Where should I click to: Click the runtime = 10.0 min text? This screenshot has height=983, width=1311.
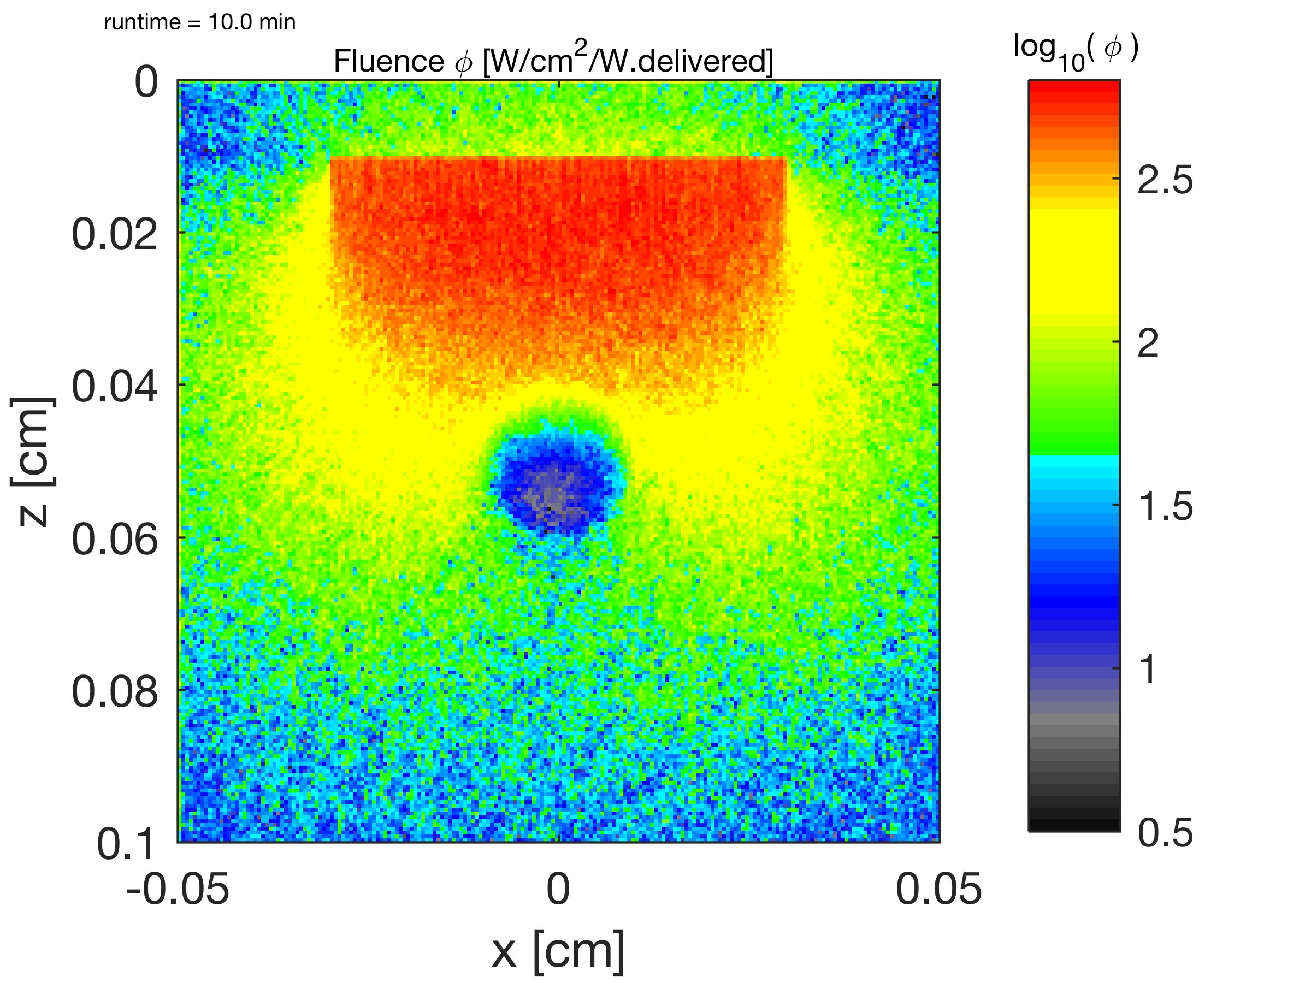coord(199,22)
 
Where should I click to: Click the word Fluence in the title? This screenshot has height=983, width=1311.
coord(388,61)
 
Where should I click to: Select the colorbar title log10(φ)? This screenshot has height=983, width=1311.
coord(1076,50)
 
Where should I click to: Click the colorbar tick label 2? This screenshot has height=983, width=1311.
coord(1148,343)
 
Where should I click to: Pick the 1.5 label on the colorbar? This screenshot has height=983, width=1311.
coord(1165,507)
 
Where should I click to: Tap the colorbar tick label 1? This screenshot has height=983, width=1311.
coord(1148,670)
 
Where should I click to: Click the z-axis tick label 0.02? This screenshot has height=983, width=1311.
coord(115,234)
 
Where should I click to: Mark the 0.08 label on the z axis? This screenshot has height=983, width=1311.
coord(115,691)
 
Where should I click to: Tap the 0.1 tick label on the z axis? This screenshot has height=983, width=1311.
coord(126,844)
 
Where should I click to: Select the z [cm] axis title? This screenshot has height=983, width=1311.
coord(34,461)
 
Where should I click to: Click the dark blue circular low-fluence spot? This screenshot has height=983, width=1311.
coord(554,486)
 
